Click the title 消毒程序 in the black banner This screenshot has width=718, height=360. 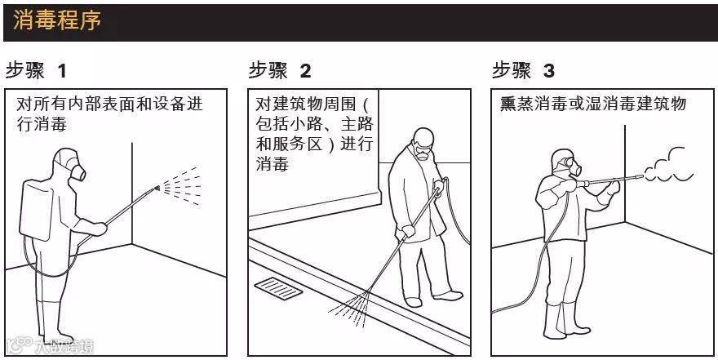pyautogui.click(x=57, y=20)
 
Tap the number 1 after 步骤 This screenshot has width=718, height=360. pyautogui.click(x=62, y=71)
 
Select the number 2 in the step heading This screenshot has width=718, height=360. pyautogui.click(x=305, y=71)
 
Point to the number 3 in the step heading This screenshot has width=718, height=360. pyautogui.click(x=548, y=71)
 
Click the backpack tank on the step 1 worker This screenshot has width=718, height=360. pyautogui.click(x=36, y=211)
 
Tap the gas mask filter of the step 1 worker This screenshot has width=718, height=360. pyautogui.click(x=78, y=173)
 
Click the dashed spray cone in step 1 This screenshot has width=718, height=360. pyautogui.click(x=181, y=186)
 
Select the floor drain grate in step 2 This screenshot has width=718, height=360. pyautogui.click(x=278, y=288)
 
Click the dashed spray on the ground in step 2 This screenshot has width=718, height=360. pyautogui.click(x=350, y=309)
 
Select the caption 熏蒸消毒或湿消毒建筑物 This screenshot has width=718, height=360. pyautogui.click(x=593, y=104)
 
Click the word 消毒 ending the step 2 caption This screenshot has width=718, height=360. pyautogui.click(x=272, y=163)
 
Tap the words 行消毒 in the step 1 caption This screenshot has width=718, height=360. pyautogui.click(x=42, y=124)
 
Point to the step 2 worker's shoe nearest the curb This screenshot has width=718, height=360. pyautogui.click(x=413, y=302)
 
